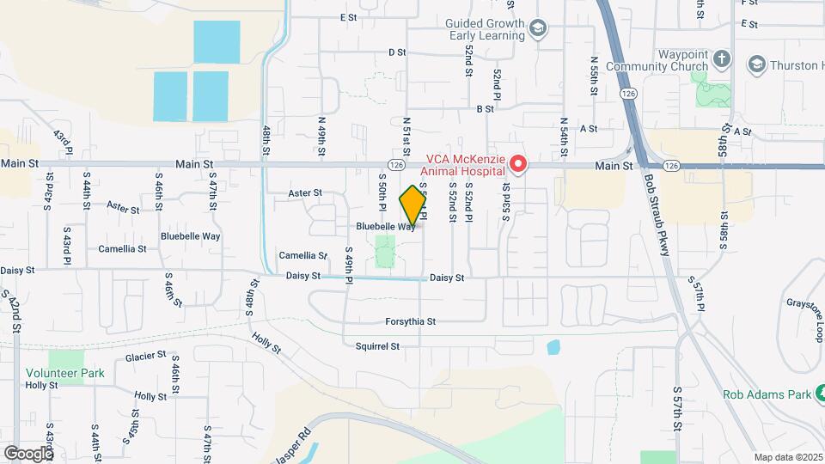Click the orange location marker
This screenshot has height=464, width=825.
412,205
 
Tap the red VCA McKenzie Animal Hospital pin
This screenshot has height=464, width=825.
518,162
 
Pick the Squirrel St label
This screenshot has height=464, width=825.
378,346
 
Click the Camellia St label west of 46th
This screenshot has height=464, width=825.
122,248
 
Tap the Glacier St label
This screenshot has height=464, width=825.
145,356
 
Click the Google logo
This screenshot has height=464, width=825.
28,453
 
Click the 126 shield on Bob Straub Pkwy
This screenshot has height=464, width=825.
626,93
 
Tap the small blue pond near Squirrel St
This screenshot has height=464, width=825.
553,347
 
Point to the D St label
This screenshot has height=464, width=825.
396,52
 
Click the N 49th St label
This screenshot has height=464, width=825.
322,135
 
